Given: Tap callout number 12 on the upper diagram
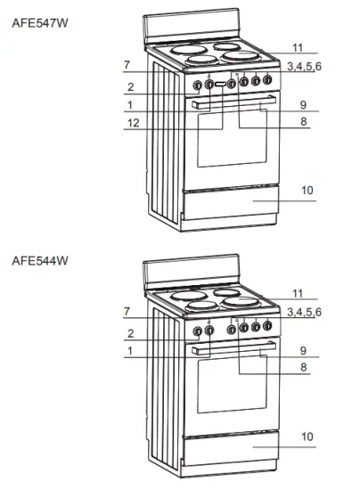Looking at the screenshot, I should click(x=133, y=126).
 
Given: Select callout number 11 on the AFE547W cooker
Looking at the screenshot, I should click(x=298, y=46).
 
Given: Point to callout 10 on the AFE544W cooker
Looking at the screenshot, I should click(x=307, y=436).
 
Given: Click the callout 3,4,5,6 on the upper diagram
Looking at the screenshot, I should click(x=304, y=66).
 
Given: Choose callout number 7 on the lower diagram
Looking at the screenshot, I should click(x=128, y=311).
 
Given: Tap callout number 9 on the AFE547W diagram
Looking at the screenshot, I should click(x=303, y=103).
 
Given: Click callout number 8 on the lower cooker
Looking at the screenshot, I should click(x=303, y=366).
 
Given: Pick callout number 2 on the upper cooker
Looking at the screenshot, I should click(x=130, y=87).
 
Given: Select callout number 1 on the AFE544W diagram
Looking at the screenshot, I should click(x=130, y=351).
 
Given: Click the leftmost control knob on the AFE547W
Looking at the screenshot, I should click(x=198, y=86).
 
